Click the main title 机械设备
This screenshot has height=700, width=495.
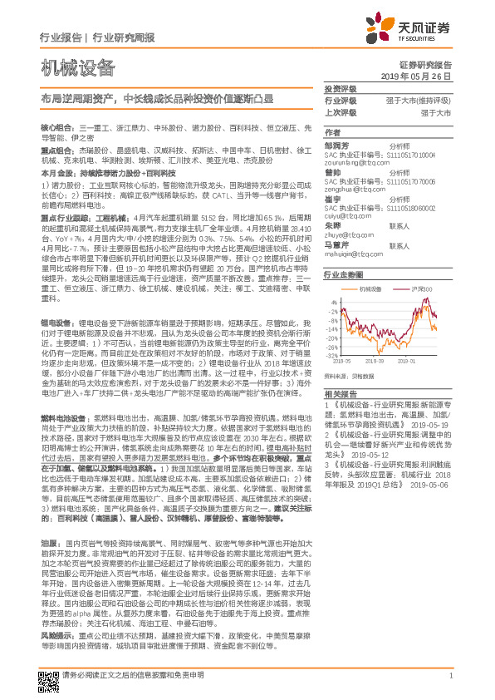click(78, 68)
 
